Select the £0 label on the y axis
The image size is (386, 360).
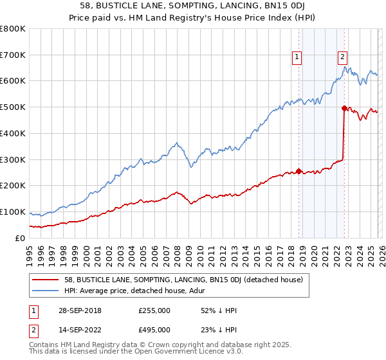pos(20,238)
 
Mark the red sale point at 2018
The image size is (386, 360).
pos(299,171)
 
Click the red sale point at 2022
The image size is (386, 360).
pos(344,108)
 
